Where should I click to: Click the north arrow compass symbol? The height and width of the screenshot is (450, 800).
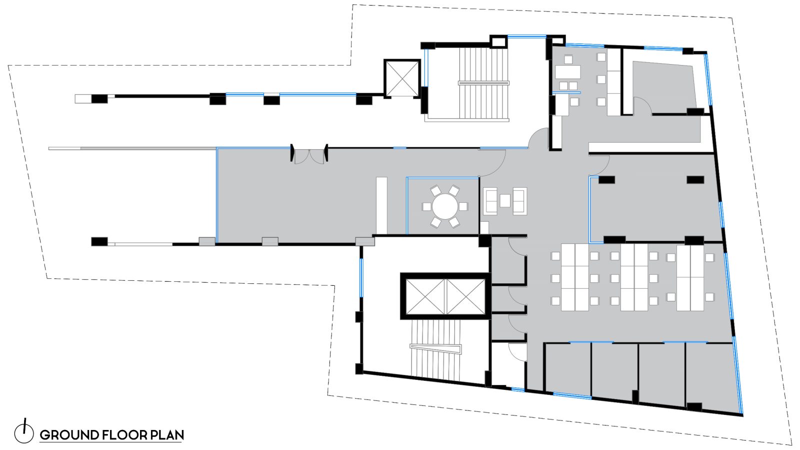coord(23,431)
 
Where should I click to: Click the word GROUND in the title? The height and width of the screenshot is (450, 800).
coord(69,435)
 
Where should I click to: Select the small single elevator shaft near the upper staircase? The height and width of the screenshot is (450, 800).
coord(402,78)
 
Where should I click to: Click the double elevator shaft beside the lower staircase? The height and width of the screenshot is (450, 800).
coord(444,297)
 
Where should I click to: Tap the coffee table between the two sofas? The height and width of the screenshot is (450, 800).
coord(505,201)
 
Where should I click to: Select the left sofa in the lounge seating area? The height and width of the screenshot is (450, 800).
coord(490,201)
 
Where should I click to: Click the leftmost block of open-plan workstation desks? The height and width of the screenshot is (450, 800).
coord(574,277)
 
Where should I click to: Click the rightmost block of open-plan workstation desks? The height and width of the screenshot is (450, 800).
coord(690,277)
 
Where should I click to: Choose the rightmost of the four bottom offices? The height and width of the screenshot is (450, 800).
coord(710,373)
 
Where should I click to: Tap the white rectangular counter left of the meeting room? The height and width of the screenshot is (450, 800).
coord(381,205)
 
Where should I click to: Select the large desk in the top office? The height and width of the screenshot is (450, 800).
coord(567,72)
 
